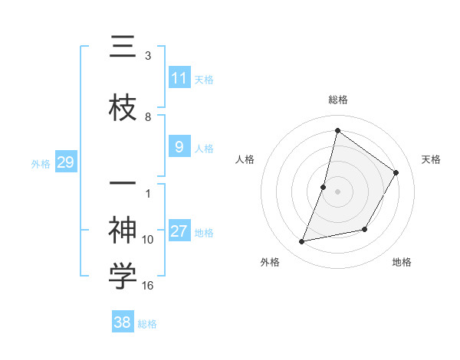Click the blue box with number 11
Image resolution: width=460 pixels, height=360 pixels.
[179, 77]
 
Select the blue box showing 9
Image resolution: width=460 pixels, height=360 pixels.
[179, 147]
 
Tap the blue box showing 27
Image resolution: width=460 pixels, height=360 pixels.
[179, 231]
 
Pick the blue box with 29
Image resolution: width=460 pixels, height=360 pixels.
[65, 162]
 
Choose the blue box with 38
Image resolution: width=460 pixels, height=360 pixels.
[123, 322]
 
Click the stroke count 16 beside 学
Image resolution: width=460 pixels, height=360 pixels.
[148, 286]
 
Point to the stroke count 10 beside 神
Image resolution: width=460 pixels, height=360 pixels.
[148, 240]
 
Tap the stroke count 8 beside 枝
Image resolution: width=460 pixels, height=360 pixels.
[148, 117]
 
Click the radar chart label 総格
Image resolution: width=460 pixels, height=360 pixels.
[338, 100]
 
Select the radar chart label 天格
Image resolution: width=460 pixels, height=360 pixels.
[431, 159]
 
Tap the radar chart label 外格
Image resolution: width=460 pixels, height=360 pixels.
[270, 262]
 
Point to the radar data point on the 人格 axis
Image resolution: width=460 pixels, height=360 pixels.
[324, 187]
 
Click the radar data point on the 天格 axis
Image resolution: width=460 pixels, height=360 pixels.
[396, 172]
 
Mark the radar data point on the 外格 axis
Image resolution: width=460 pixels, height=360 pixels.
[302, 242]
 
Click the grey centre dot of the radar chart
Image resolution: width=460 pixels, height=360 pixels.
[338, 191]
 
